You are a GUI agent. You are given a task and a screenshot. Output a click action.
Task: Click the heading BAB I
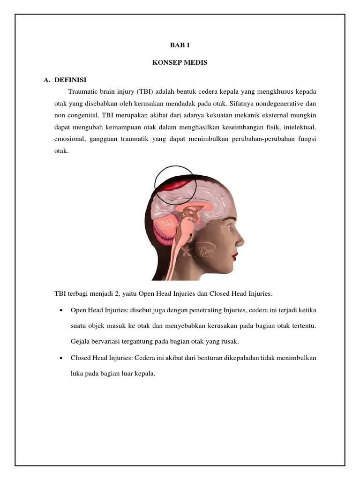(180, 46)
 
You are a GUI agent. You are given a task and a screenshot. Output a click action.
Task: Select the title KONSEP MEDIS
(180, 63)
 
